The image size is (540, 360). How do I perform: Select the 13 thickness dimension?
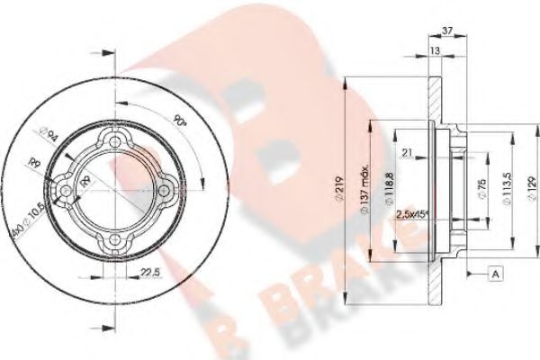(436, 52)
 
